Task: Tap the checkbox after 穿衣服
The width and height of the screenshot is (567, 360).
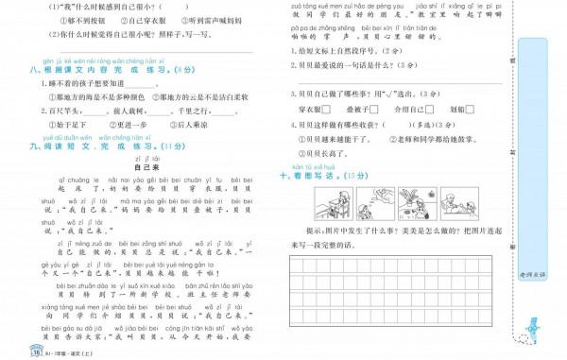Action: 328,110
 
